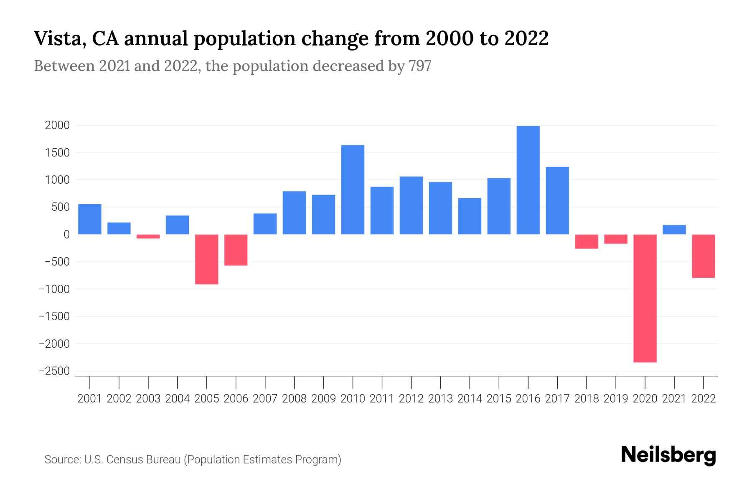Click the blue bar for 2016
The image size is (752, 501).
point(528,180)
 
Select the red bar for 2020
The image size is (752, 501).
point(645,298)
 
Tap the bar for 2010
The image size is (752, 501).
point(353,190)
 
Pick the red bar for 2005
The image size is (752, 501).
point(206,259)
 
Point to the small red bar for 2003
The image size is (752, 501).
point(148,236)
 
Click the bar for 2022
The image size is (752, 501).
point(704,256)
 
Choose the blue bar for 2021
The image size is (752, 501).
point(674,230)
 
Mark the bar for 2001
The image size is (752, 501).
point(90,219)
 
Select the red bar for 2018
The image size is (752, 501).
point(587,241)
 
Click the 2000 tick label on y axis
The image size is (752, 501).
point(57,125)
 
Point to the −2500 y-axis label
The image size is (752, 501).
point(54,371)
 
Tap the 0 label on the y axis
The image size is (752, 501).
point(66,235)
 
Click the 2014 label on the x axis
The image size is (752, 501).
point(470,399)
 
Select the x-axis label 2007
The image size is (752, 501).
point(265,399)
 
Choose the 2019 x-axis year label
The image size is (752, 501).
point(616,399)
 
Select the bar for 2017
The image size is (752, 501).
point(557,200)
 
